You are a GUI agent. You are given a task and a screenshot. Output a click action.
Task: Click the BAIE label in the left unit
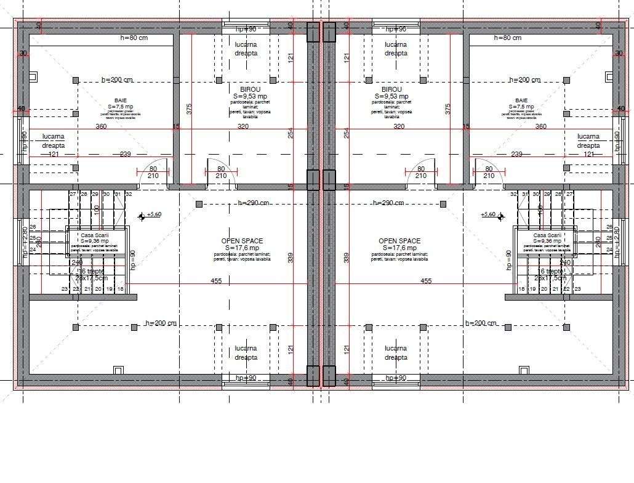pyautogui.click(x=120, y=100)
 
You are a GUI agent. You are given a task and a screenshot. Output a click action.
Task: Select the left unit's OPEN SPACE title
pyautogui.click(x=242, y=241)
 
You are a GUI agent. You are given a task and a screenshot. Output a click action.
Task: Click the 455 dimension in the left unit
pyautogui.click(x=216, y=281)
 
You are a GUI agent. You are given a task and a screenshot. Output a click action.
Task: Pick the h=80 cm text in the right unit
pyautogui.click(x=507, y=38)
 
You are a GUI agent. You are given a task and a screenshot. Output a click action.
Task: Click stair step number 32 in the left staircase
pyautogui.click(x=129, y=194)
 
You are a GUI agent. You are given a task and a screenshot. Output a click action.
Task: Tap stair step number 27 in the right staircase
pyautogui.click(x=569, y=194)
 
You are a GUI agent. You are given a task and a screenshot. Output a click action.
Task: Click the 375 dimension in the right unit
pyautogui.click(x=448, y=108)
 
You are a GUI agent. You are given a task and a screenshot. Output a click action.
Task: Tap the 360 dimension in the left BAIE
pyautogui.click(x=101, y=126)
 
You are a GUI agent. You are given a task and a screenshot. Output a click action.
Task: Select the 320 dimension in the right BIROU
pyautogui.click(x=398, y=126)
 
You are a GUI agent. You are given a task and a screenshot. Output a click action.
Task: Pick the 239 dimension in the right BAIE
pyautogui.click(x=516, y=154)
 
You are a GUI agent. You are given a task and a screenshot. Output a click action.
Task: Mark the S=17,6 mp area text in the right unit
pyautogui.click(x=399, y=248)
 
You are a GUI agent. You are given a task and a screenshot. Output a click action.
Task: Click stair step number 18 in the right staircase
pyautogui.click(x=522, y=289)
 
